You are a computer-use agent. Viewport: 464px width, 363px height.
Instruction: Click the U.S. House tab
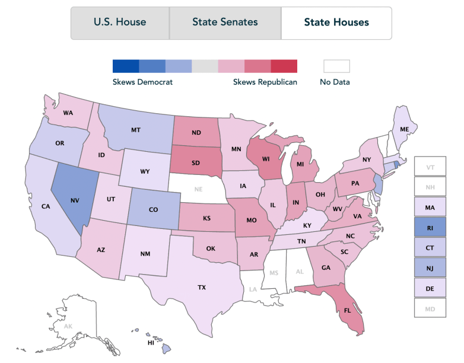tap(120, 23)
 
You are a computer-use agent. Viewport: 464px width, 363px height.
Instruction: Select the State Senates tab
tap(225, 23)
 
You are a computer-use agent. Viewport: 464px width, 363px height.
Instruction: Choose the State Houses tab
tap(336, 23)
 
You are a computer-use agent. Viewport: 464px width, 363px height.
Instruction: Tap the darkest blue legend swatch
tap(126, 66)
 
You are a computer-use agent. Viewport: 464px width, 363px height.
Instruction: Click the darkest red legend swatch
tap(284, 66)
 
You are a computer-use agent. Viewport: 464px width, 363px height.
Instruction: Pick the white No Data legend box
tap(336, 66)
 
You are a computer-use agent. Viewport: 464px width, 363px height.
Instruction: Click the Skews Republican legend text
tap(265, 82)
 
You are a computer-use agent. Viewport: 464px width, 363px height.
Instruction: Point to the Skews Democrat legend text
tap(142, 82)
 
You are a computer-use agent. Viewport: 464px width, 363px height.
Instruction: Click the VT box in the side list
tap(430, 168)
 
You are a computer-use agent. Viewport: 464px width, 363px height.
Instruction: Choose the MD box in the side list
tap(430, 307)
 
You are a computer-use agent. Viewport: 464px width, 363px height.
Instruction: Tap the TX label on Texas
tap(202, 288)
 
